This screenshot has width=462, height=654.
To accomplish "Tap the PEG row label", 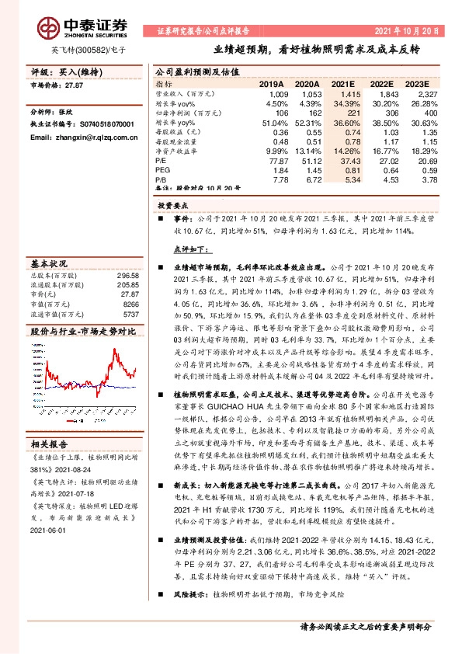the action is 162,169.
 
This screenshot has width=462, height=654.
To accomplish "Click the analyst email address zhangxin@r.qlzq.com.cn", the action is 81,136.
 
